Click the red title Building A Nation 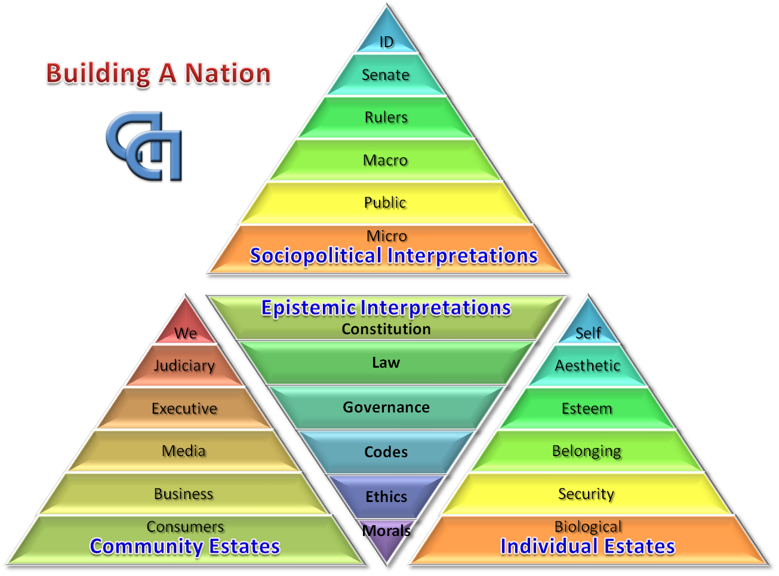[x=158, y=73]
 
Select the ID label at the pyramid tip [x=386, y=42]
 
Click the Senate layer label [x=386, y=75]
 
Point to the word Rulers [x=386, y=118]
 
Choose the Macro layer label [x=386, y=161]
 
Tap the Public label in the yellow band [x=386, y=203]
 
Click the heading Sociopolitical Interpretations [x=393, y=256]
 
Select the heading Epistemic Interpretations [x=386, y=308]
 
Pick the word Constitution [x=386, y=329]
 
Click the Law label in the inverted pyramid [x=386, y=363]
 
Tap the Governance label [x=386, y=408]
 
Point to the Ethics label [x=386, y=497]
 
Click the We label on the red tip [x=186, y=334]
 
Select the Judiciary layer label [x=184, y=366]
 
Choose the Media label [x=184, y=451]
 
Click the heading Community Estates [x=185, y=547]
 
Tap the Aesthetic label [x=588, y=366]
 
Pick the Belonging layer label [x=587, y=451]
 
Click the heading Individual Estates [x=588, y=547]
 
